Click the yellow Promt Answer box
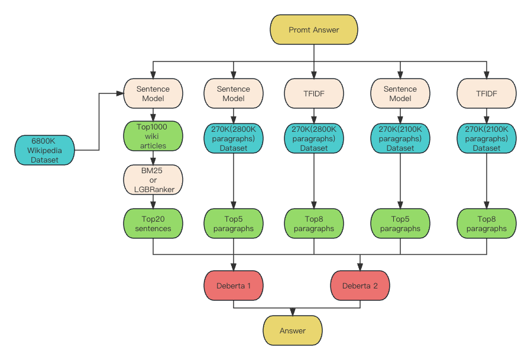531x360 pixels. point(313,30)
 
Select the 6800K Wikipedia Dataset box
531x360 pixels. point(44,150)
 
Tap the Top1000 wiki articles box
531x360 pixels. point(153,136)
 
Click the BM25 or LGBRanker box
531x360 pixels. point(153,180)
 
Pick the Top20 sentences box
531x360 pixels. point(153,223)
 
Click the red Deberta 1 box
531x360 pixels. point(234,286)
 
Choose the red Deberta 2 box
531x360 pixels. point(360,286)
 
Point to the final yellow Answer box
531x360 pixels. point(293,330)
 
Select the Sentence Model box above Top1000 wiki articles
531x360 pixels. point(153,93)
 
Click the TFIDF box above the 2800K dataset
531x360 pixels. point(314,93)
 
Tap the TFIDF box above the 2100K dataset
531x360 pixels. point(487,93)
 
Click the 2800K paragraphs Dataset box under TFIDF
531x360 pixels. point(314,138)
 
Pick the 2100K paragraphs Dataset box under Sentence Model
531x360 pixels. point(400,138)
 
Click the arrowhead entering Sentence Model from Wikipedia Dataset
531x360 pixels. point(120,93)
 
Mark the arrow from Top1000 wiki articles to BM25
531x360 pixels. point(153,158)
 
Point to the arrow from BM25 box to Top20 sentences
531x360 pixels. point(153,202)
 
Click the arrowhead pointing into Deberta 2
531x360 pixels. point(360,267)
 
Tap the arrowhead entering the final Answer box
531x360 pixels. point(293,312)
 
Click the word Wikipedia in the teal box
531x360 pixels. point(44,150)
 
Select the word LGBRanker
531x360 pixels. point(154,189)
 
